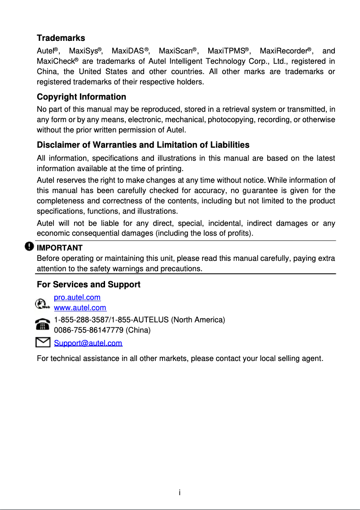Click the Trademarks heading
point(61,38)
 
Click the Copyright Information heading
point(81,97)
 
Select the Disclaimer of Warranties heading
point(143,145)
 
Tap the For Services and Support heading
point(88,285)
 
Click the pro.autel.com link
point(77,297)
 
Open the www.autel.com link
point(80,308)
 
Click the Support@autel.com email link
point(88,343)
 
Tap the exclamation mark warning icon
point(29,246)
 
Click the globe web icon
point(42,304)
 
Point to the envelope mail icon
point(42,343)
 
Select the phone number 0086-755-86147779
point(89,330)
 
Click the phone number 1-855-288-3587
point(80,320)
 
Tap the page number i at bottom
point(180,493)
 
